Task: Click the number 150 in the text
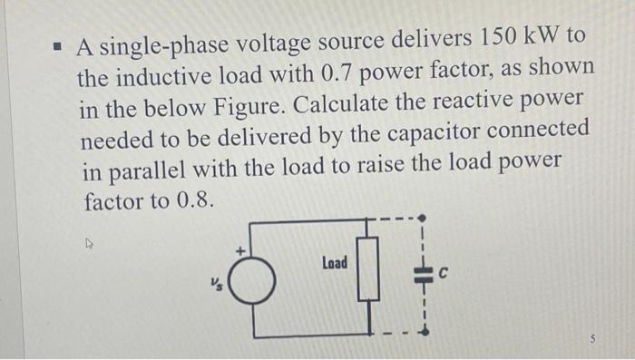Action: pos(496,39)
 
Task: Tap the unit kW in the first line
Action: pos(547,39)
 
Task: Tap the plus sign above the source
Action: pos(241,249)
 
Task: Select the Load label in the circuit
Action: pos(334,263)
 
